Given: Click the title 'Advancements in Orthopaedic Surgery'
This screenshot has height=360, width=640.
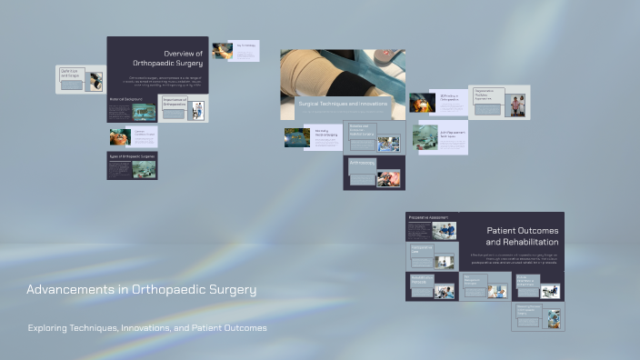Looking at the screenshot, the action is click(x=141, y=290).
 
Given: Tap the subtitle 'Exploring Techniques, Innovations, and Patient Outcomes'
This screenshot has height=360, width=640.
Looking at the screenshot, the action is click(x=147, y=327).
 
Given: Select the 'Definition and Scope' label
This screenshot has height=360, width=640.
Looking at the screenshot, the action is click(x=71, y=73).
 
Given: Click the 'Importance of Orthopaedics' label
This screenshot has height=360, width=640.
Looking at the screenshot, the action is click(x=175, y=103).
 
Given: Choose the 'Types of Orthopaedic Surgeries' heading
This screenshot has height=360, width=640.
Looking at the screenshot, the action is click(x=133, y=156).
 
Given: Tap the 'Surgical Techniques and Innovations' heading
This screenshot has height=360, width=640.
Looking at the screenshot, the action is click(x=343, y=105).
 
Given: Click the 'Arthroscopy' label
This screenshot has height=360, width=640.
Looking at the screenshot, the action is click(x=363, y=163).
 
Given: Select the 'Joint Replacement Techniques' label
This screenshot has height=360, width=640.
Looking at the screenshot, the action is click(x=454, y=134).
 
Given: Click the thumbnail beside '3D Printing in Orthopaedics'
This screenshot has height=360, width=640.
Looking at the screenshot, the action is click(x=423, y=103).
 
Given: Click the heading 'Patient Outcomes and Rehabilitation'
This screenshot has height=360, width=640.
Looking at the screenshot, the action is click(x=522, y=236).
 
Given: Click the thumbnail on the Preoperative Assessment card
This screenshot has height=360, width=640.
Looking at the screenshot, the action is click(x=444, y=231).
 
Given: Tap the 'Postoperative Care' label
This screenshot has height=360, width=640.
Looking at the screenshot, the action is click(x=422, y=248).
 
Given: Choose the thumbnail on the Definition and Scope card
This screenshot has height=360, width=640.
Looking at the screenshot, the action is click(x=95, y=82).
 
